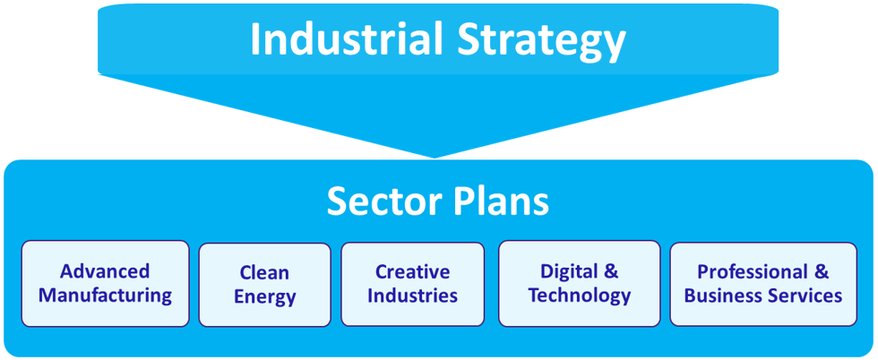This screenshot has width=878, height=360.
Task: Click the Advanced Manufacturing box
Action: click(106, 283)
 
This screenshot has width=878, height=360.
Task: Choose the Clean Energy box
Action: click(265, 285)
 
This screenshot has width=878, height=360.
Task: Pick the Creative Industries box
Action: click(413, 284)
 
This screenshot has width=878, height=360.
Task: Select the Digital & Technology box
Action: click(580, 283)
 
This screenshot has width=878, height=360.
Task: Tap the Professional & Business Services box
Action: click(763, 283)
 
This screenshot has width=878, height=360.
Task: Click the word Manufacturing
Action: click(106, 295)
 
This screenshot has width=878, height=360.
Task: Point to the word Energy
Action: click(265, 297)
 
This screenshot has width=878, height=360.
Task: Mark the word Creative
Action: click(413, 271)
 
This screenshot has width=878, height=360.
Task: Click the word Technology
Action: click(580, 296)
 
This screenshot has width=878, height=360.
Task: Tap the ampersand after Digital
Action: click(611, 271)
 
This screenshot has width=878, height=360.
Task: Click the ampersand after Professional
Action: click(822, 271)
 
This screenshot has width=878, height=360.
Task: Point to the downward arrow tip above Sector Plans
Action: click(434, 159)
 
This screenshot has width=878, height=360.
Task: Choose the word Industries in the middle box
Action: click(413, 295)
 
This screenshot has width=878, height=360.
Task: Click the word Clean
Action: click(265, 273)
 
